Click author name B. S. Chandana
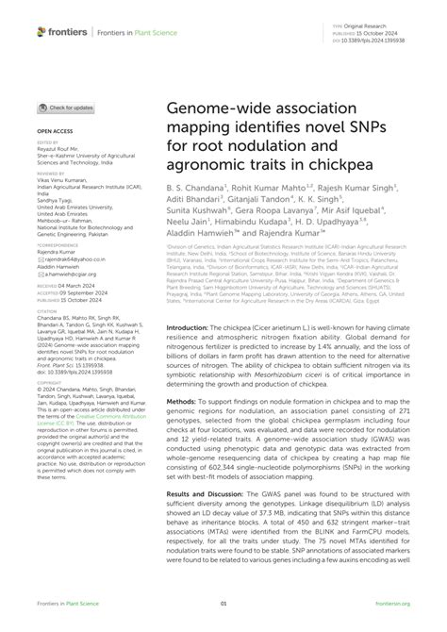[196, 188]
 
